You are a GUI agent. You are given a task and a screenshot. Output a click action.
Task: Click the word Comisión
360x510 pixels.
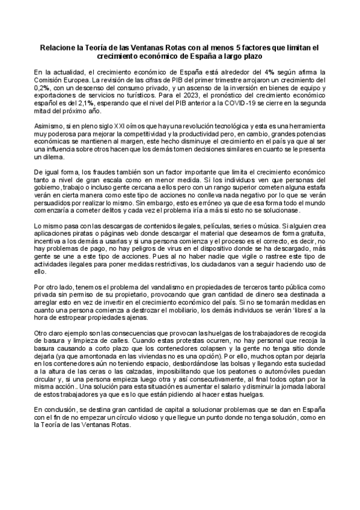48,79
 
